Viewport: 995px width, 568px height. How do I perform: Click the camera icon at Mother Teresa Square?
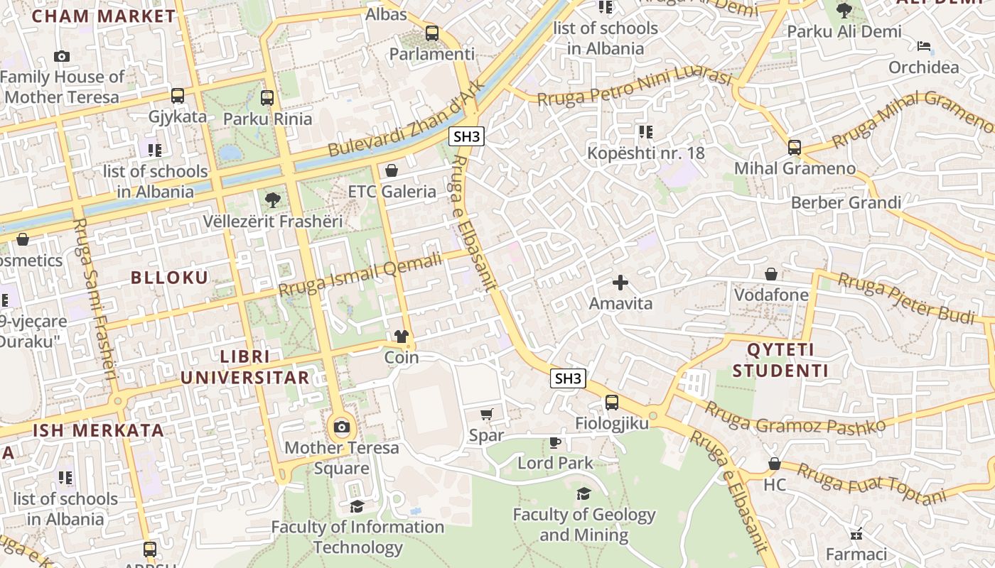pos(342,427)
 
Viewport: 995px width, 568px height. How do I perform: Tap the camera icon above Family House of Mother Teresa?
pos(62,56)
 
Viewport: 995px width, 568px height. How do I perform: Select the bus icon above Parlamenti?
pos(431,33)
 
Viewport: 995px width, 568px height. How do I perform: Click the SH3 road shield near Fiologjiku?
pos(568,378)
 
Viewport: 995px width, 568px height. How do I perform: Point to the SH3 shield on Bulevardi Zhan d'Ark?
pos(466,137)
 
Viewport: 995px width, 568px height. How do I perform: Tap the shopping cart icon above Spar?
pos(487,414)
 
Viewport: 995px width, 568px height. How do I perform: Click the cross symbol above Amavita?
pos(620,283)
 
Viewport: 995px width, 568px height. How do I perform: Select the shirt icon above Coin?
pos(402,336)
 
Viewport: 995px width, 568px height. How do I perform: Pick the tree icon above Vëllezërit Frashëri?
pos(272,200)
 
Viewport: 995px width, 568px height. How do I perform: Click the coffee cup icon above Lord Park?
pos(555,442)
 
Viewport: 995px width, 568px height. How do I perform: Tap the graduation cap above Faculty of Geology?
pos(583,493)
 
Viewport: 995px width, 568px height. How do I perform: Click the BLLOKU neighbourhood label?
pos(170,278)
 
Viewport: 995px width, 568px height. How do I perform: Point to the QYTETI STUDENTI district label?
pos(780,360)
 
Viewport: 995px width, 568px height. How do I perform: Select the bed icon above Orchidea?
pos(923,46)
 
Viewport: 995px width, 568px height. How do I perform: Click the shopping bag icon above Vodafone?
pos(771,274)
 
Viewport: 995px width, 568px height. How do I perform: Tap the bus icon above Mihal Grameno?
pos(795,148)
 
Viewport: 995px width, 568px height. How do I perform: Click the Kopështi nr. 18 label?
pos(645,153)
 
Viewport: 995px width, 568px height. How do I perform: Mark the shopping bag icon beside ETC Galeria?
pos(391,170)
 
